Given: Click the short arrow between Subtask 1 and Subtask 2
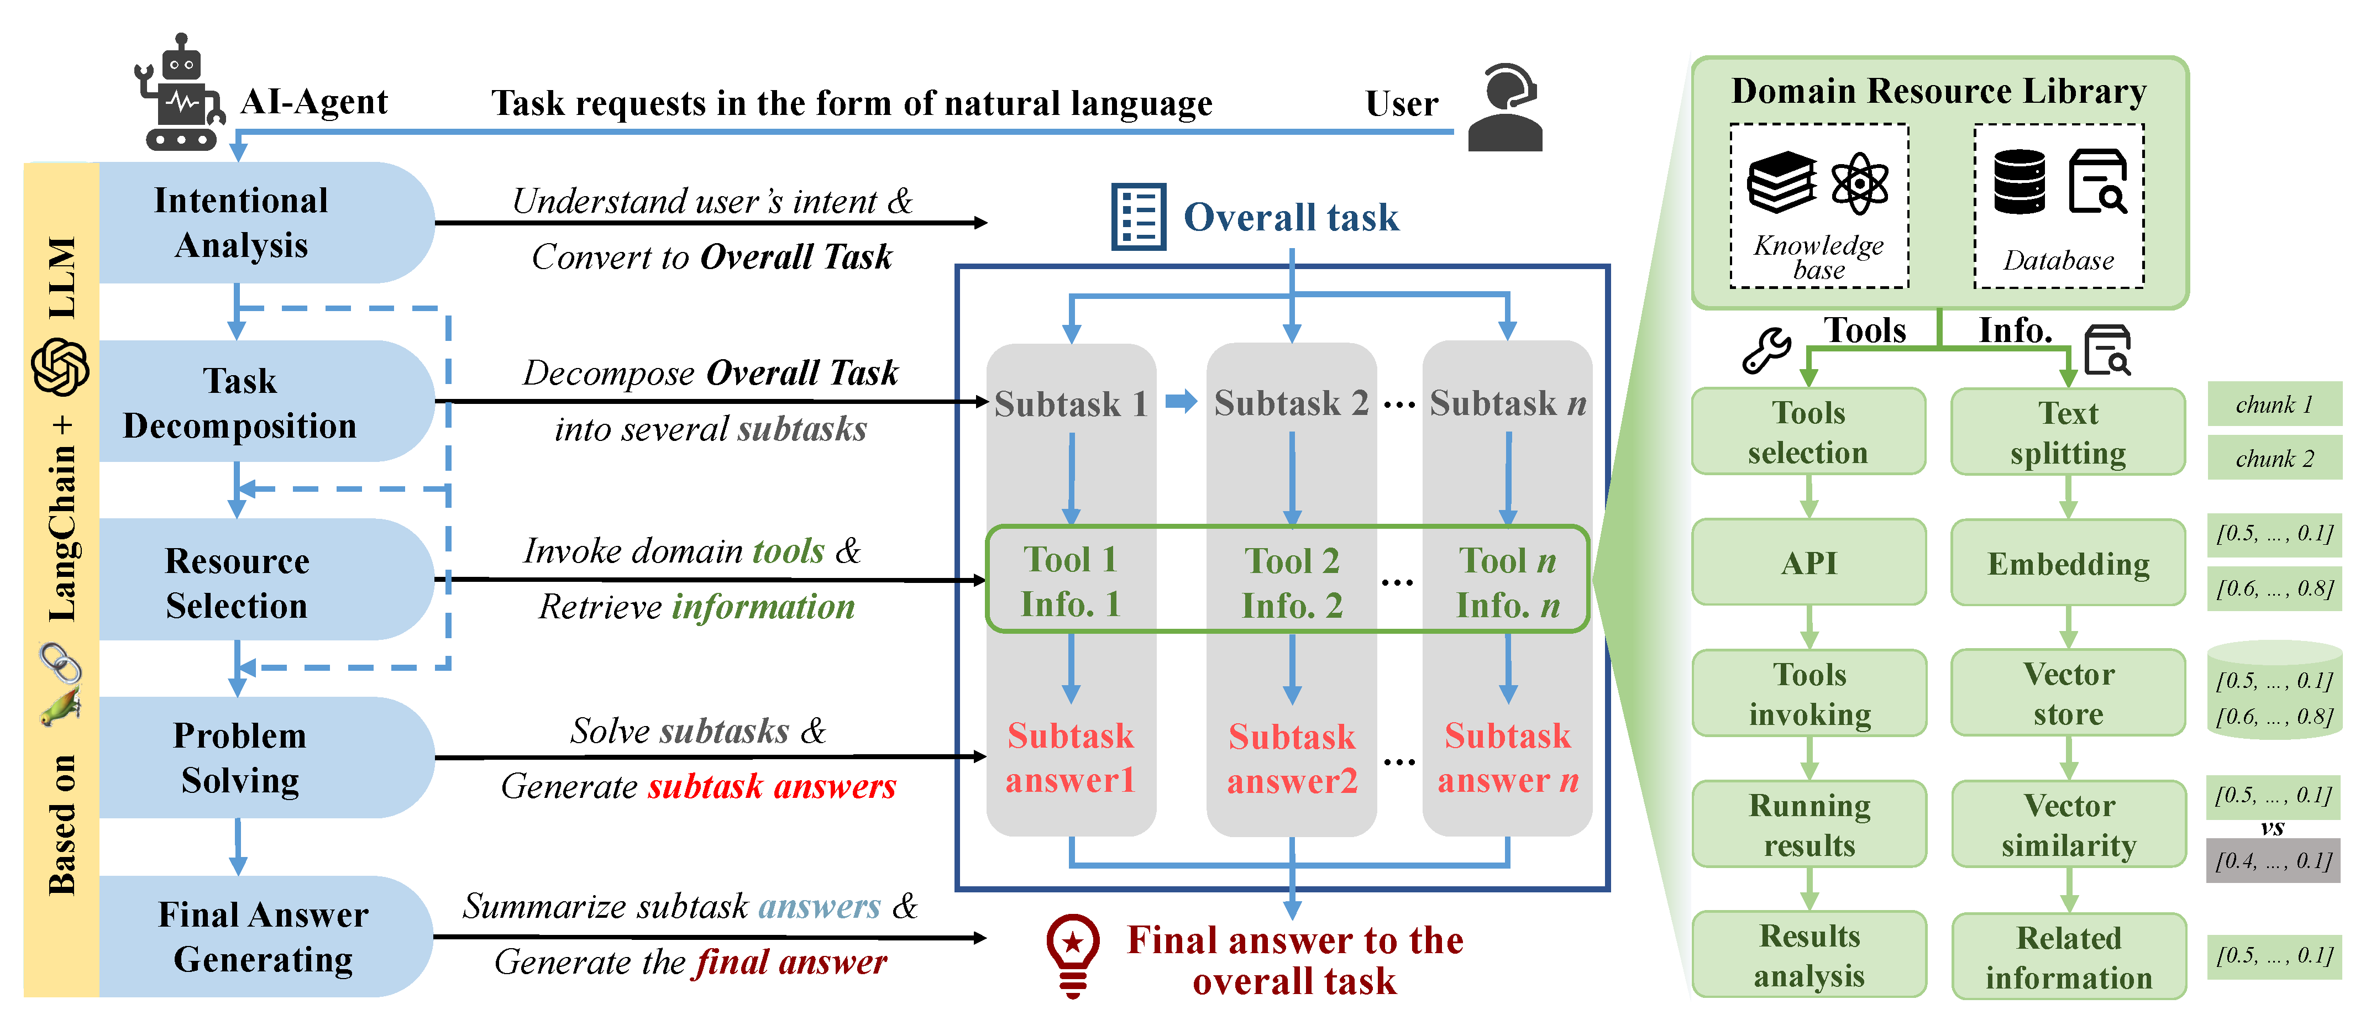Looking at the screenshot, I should (1181, 401).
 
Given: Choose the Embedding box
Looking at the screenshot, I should (2068, 562).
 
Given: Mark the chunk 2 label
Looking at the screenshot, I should (2274, 459).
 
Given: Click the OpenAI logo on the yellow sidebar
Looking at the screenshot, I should (61, 367).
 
